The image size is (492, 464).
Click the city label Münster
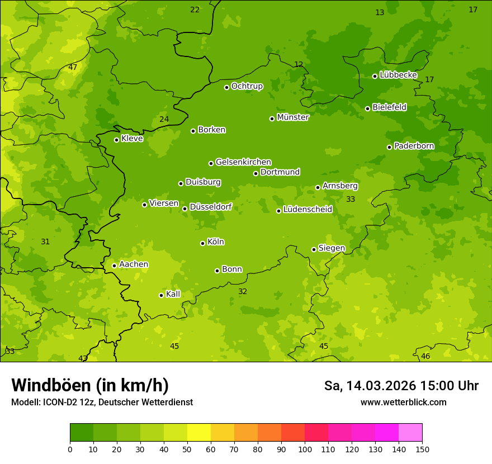(292, 117)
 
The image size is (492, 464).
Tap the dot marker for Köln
(202, 243)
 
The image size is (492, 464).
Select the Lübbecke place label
(398, 75)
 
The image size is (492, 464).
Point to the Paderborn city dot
(389, 147)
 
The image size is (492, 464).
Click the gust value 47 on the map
(73, 67)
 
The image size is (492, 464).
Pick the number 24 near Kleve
(164, 119)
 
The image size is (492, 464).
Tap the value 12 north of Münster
(299, 64)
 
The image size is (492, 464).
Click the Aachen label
(134, 264)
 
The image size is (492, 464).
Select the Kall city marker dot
(161, 295)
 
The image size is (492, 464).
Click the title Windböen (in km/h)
(90, 385)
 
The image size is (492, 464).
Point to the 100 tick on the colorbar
(305, 449)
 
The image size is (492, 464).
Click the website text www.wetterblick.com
(403, 402)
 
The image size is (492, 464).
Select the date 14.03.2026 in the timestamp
(381, 386)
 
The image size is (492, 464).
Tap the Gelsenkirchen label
(243, 162)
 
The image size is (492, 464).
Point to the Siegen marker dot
(314, 249)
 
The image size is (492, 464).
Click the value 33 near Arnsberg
(351, 199)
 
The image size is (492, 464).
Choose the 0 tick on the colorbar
(70, 449)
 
